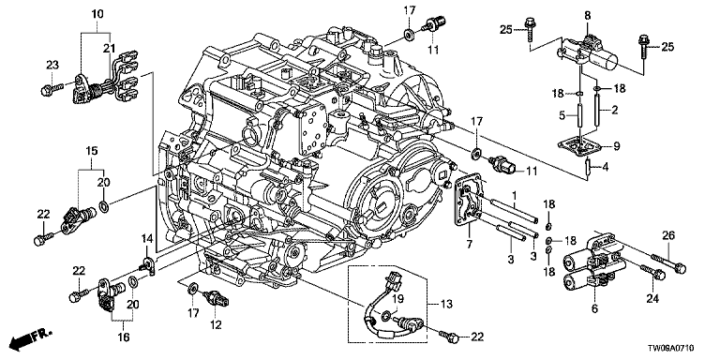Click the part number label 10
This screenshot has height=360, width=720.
click(x=97, y=14)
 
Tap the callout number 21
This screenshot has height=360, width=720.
click(x=109, y=48)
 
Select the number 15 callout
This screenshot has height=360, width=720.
click(x=92, y=152)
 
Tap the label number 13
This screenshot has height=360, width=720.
click(x=447, y=305)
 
